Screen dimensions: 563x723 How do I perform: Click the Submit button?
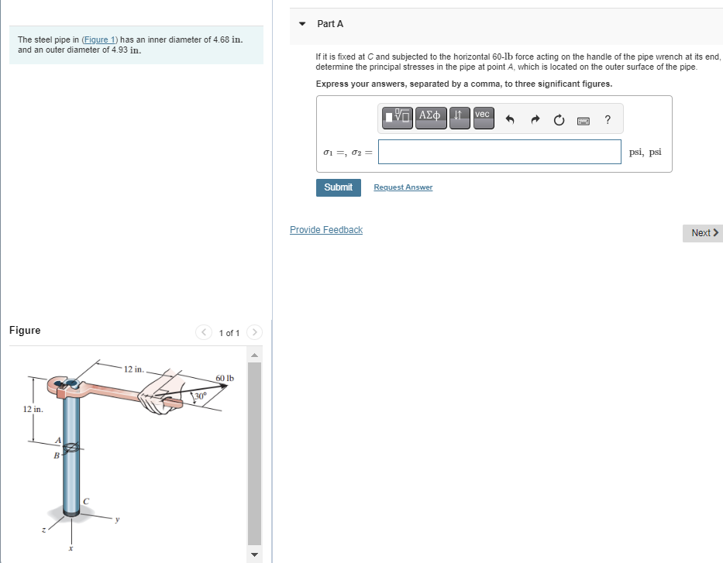click(x=338, y=187)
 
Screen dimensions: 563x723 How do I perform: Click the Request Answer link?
click(x=403, y=187)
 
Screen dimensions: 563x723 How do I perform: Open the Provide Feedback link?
click(x=325, y=230)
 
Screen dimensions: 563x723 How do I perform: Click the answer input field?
click(x=500, y=152)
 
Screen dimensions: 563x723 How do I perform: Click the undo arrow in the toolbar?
click(x=509, y=119)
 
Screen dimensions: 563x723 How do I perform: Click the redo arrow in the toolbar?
click(x=534, y=119)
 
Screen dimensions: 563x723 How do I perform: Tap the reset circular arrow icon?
click(x=559, y=119)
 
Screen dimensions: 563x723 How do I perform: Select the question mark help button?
click(x=608, y=119)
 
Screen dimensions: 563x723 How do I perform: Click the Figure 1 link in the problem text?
click(x=102, y=39)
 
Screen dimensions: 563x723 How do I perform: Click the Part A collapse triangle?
click(x=302, y=24)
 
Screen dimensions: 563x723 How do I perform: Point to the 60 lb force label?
click(x=225, y=378)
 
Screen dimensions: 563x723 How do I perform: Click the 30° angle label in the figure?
click(x=200, y=396)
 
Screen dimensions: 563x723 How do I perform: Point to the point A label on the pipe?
click(x=57, y=441)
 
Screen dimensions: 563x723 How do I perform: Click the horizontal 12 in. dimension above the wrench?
click(x=134, y=369)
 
